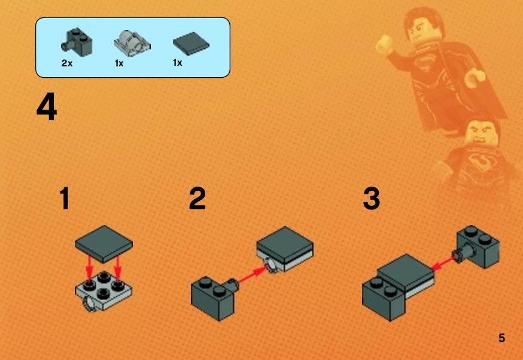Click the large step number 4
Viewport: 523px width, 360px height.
pos(47,107)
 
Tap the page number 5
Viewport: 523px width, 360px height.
pos(501,338)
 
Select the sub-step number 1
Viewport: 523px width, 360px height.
pos(65,199)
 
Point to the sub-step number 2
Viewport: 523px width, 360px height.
pos(197,199)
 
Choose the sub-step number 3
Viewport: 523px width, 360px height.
pos(371,199)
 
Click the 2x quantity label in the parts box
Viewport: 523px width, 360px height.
pos(66,63)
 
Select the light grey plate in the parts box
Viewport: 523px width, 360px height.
pos(132,43)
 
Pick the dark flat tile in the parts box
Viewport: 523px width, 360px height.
pos(191,44)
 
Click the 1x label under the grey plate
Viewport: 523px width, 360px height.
pos(119,63)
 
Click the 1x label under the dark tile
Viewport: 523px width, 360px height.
pos(178,62)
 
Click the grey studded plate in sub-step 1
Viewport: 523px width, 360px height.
pos(104,291)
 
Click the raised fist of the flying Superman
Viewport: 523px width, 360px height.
pos(384,44)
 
